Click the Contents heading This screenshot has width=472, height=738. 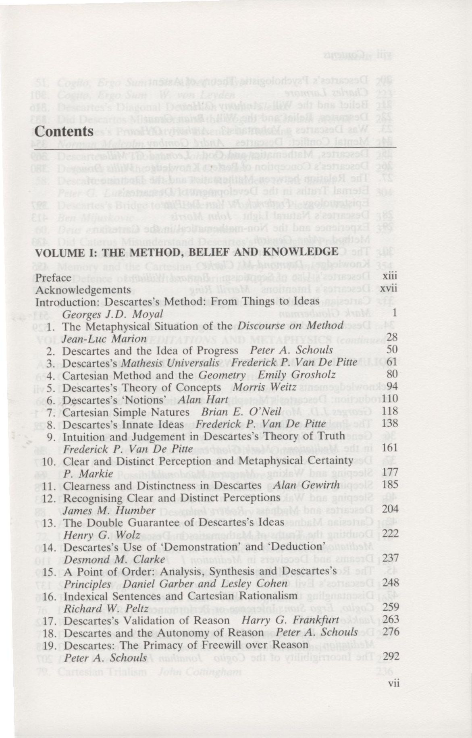click(x=64, y=131)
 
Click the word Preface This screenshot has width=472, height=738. click(x=53, y=278)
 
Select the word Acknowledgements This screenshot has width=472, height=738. click(x=83, y=290)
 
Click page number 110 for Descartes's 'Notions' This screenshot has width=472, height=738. click(x=390, y=399)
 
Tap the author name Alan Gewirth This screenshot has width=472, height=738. click(x=306, y=485)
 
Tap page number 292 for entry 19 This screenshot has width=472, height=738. click(x=390, y=657)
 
